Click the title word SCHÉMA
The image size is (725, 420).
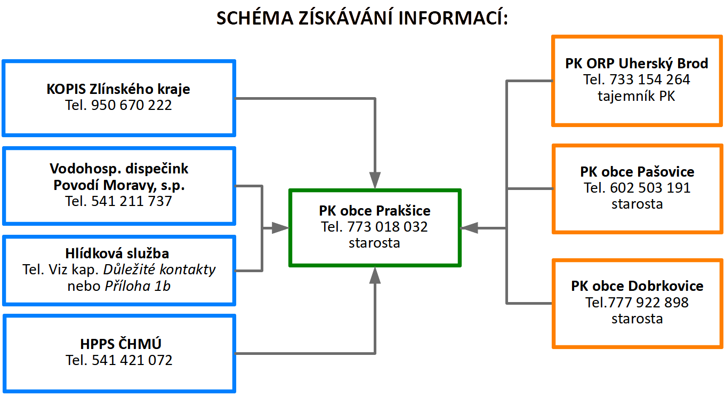(x=255, y=18)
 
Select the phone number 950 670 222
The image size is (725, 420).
(x=131, y=105)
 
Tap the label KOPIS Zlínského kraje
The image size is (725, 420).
(x=118, y=89)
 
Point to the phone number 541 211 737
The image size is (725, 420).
(x=131, y=201)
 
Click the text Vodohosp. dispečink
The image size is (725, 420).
(x=119, y=169)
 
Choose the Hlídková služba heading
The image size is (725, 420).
(x=117, y=253)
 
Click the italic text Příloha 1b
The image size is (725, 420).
(x=138, y=286)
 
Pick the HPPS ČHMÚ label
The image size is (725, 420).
(x=120, y=344)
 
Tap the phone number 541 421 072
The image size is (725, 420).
(x=132, y=360)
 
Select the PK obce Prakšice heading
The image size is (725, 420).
(x=374, y=211)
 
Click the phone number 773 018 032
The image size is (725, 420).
(x=388, y=227)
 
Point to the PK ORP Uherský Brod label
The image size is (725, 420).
(x=637, y=64)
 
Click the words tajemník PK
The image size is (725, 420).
(x=637, y=96)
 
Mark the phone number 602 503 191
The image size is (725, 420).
(x=650, y=188)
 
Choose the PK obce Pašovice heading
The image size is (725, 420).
(x=637, y=172)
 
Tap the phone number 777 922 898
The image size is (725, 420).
(x=648, y=303)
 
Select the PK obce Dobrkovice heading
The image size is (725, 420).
(x=637, y=286)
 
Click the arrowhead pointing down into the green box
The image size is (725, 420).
(x=375, y=180)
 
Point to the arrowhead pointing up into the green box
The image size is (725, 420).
(x=375, y=275)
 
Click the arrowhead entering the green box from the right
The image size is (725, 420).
(x=469, y=228)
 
